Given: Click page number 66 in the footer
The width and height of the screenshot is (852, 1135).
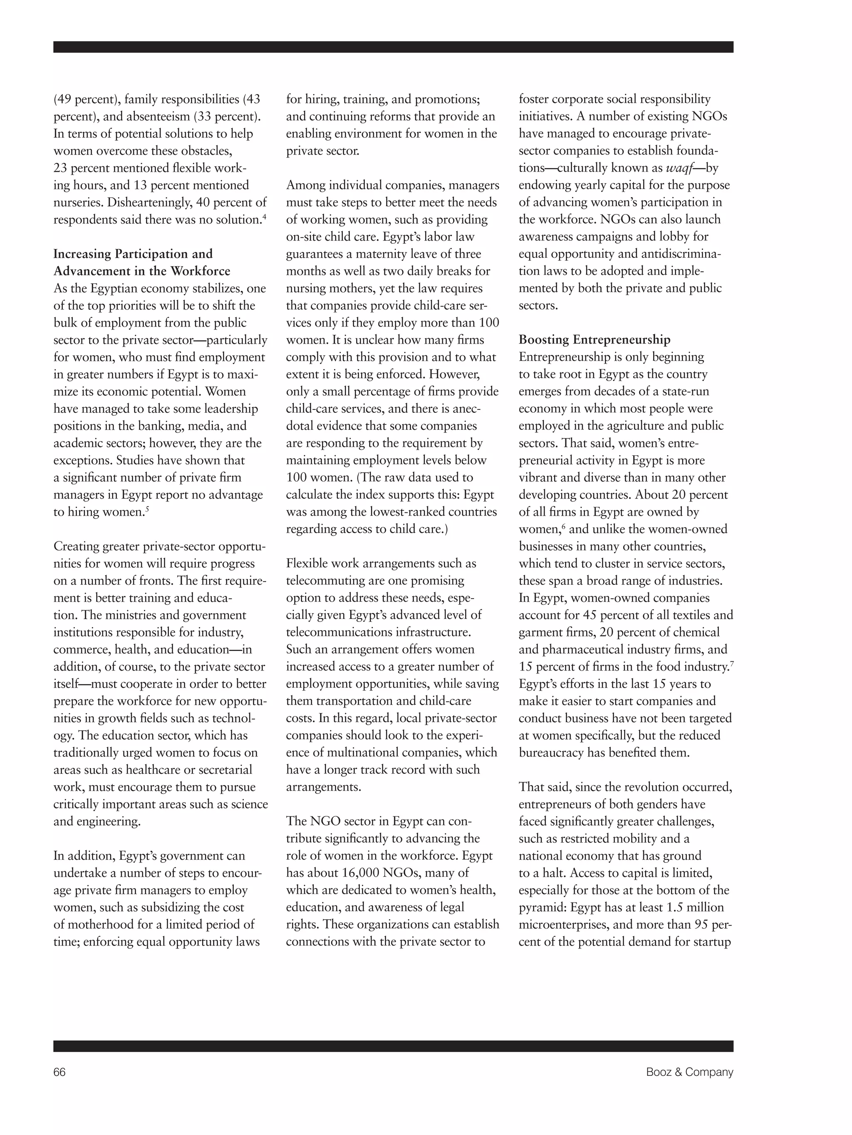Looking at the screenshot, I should pyautogui.click(x=59, y=1072).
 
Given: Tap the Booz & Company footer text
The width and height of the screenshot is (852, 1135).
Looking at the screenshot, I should pyautogui.click(x=689, y=1072).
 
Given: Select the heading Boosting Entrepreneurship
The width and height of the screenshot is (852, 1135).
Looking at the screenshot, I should pyautogui.click(x=594, y=340).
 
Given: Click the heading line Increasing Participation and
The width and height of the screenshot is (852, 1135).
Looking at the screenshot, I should pyautogui.click(x=133, y=254).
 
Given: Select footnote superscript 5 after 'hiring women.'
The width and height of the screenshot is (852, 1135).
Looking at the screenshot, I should pyautogui.click(x=147, y=509).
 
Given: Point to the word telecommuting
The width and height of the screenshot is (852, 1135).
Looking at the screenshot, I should pyautogui.click(x=324, y=581).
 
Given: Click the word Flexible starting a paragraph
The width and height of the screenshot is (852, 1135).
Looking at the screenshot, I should pyautogui.click(x=307, y=564).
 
